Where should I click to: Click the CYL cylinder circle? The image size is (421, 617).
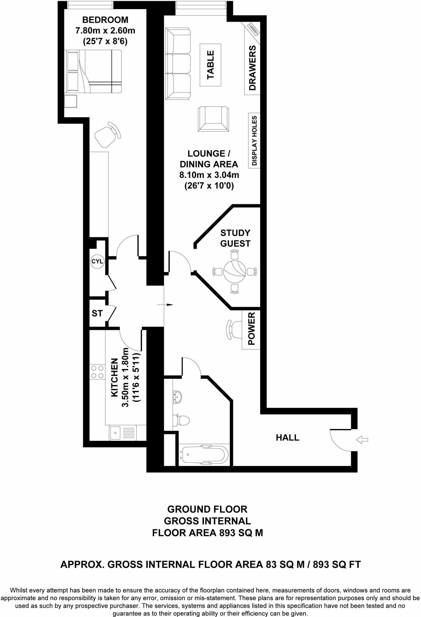pyautogui.click(x=97, y=261)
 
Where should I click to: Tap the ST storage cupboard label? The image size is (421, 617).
pyautogui.click(x=97, y=313)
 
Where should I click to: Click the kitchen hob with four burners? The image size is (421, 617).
pyautogui.click(x=97, y=372)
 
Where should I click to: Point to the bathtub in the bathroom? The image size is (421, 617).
pyautogui.click(x=203, y=455)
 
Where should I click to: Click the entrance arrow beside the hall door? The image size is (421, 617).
pyautogui.click(x=362, y=440)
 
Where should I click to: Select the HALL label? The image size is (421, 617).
pyautogui.click(x=287, y=437)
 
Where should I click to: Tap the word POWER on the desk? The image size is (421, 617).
pyautogui.click(x=251, y=329)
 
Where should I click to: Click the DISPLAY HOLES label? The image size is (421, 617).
pyautogui.click(x=254, y=141)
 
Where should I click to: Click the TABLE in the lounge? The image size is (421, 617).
pyautogui.click(x=210, y=65)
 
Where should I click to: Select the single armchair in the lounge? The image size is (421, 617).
pyautogui.click(x=213, y=119)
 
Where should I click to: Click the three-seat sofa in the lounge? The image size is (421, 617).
pyautogui.click(x=178, y=64)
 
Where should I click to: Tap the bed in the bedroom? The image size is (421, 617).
pyautogui.click(x=93, y=71)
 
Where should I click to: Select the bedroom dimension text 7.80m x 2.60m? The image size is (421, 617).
pyautogui.click(x=105, y=31)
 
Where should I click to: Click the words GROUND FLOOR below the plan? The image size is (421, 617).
pyautogui.click(x=207, y=509)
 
